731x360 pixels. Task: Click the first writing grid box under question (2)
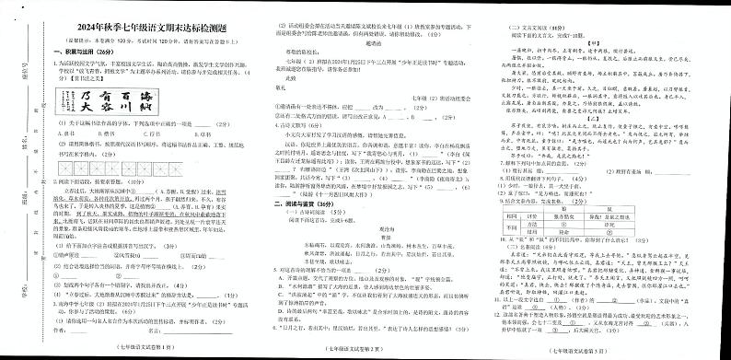point(65,170)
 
